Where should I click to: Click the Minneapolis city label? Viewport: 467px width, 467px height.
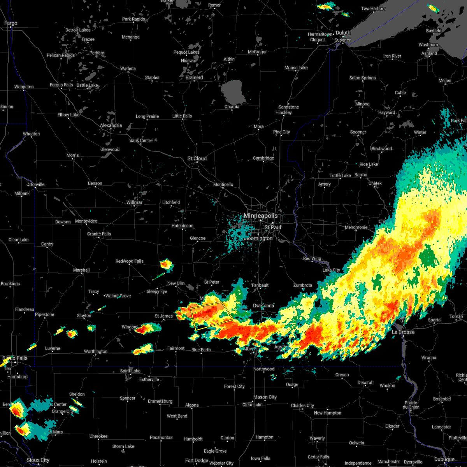coord(261,216)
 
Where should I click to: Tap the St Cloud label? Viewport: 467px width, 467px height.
coord(197,158)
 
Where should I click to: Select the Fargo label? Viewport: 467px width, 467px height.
coord(11,23)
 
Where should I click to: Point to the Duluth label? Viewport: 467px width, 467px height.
coord(343,33)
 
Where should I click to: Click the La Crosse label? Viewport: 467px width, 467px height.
coord(403,332)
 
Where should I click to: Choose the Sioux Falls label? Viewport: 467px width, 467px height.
coord(15,358)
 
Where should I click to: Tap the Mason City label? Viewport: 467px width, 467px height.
coord(265,397)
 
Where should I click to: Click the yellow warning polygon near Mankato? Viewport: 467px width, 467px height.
coord(212,316)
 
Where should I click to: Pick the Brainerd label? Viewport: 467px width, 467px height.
coord(194,77)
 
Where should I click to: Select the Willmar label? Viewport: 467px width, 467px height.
coord(134,202)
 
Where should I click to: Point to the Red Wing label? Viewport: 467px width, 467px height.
coord(312,258)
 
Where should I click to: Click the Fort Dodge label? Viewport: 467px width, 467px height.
coord(197,460)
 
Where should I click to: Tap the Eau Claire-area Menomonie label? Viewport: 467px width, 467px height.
coord(356,227)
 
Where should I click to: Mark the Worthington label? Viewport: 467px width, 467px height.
coord(96,351)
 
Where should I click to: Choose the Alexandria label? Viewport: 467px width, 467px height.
coord(111,125)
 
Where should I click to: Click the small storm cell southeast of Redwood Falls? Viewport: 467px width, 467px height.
coord(167,265)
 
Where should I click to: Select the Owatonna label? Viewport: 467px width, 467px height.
coord(263,305)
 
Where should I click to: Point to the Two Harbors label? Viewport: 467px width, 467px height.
coord(373,9)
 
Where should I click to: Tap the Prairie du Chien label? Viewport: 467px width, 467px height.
coord(411,405)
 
